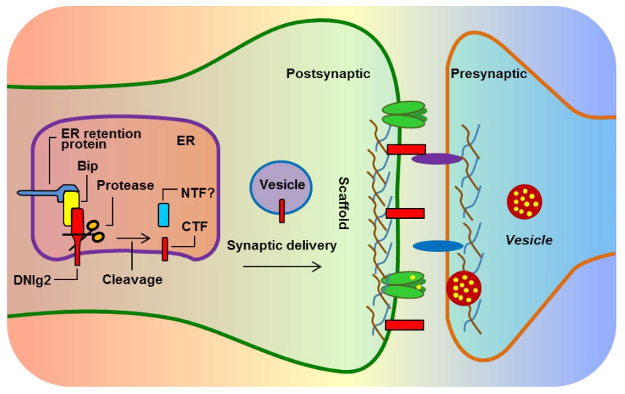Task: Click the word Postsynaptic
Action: [x=327, y=74]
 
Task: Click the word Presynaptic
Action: [x=489, y=74]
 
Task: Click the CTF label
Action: [x=195, y=228]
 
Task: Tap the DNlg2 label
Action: [x=34, y=279]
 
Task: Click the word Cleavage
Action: [x=132, y=279]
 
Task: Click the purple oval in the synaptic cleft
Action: [x=437, y=158]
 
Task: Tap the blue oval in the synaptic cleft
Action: [x=438, y=246]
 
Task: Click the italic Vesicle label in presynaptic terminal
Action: [x=529, y=239]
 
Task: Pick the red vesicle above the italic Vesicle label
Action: [x=525, y=202]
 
